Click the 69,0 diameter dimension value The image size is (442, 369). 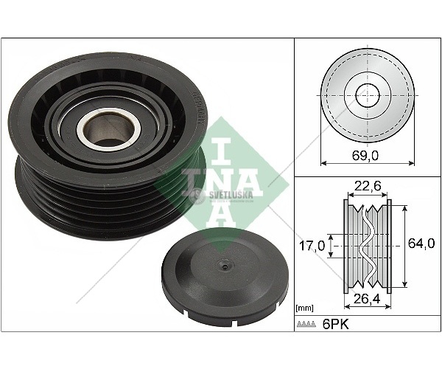[x=365, y=156]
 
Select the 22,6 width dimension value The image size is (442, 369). [x=368, y=186]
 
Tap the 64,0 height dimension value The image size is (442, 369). [x=421, y=244]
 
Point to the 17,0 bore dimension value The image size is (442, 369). [x=312, y=246]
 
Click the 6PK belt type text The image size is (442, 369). [x=335, y=325]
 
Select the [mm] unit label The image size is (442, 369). [x=304, y=308]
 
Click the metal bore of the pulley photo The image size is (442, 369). [x=109, y=129]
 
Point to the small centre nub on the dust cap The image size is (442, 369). [x=224, y=266]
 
